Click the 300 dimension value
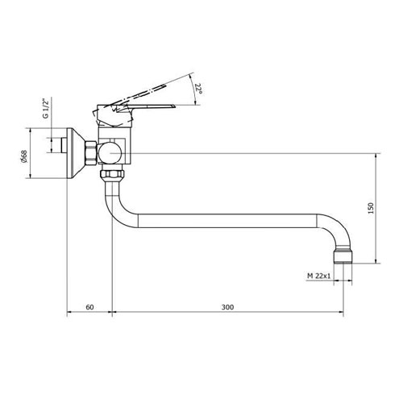pyautogui.click(x=227, y=307)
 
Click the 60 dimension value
pyautogui.click(x=89, y=307)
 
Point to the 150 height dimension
pyautogui.click(x=371, y=208)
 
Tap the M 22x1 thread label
pyautogui.click(x=319, y=276)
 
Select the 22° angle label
pyautogui.click(x=198, y=89)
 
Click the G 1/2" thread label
pyautogui.click(x=45, y=109)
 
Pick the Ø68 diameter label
pyautogui.click(x=24, y=156)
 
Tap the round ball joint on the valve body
pyautogui.click(x=110, y=153)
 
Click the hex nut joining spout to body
pyautogui.click(x=112, y=174)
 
